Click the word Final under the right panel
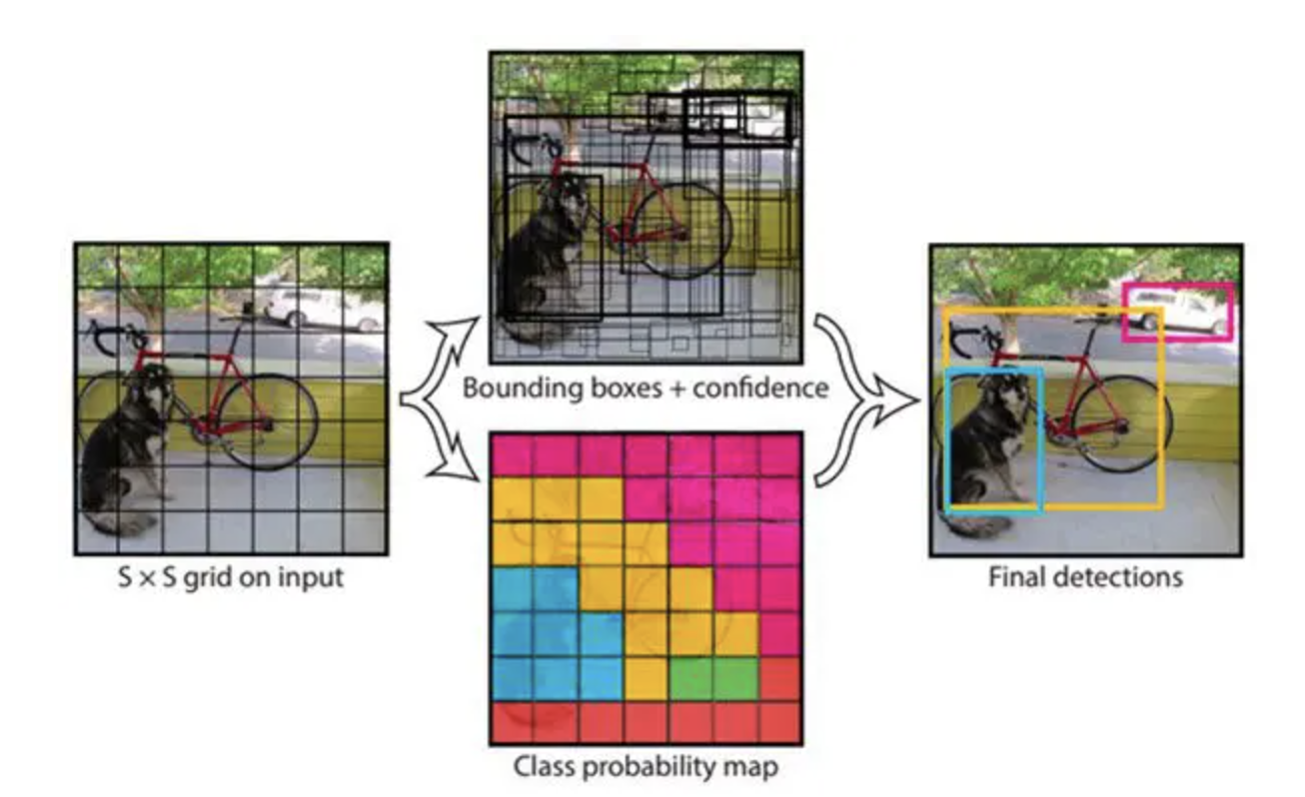click(x=1015, y=578)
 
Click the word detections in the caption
click(x=1115, y=578)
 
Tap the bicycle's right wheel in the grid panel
click(x=267, y=419)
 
